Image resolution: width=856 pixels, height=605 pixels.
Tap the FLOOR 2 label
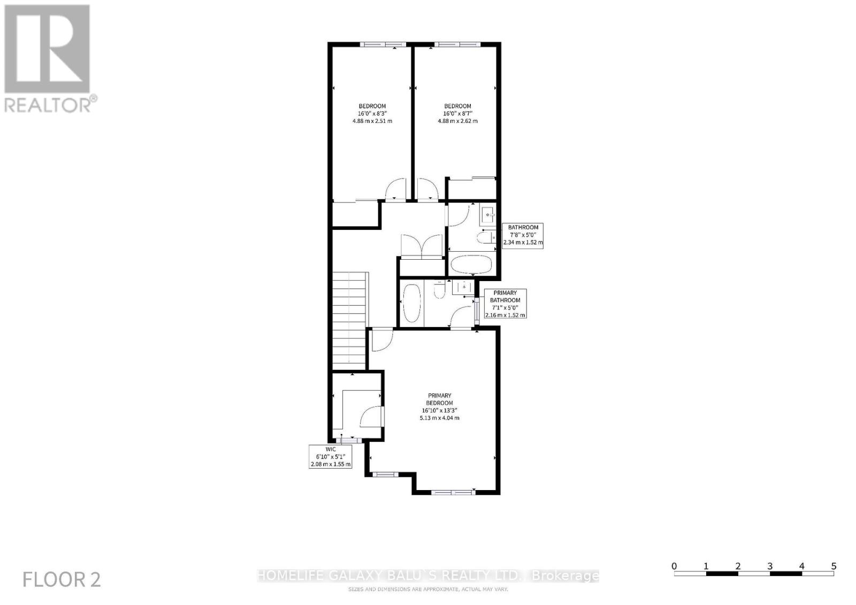(x=62, y=580)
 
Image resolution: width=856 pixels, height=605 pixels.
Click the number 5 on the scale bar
(x=834, y=566)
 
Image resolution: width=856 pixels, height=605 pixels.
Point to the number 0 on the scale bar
(x=674, y=566)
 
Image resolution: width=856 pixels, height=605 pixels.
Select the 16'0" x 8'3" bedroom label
(x=372, y=113)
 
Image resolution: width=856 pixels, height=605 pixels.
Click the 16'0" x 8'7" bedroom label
(x=457, y=113)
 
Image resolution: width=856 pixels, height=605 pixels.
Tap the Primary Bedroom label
(x=439, y=407)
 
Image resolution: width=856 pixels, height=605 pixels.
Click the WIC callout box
(x=331, y=457)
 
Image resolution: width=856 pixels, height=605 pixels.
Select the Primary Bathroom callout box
(x=505, y=304)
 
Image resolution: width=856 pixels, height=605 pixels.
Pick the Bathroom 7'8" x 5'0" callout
(x=523, y=235)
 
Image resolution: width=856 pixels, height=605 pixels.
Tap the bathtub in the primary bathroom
(x=411, y=303)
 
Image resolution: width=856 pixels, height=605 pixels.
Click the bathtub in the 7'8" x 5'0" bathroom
(x=471, y=265)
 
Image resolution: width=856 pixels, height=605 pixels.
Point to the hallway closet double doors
(x=422, y=246)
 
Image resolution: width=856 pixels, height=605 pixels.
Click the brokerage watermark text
(x=427, y=576)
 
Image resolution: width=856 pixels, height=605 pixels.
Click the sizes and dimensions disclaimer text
(x=427, y=589)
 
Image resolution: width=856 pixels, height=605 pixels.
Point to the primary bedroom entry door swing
(x=381, y=340)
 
